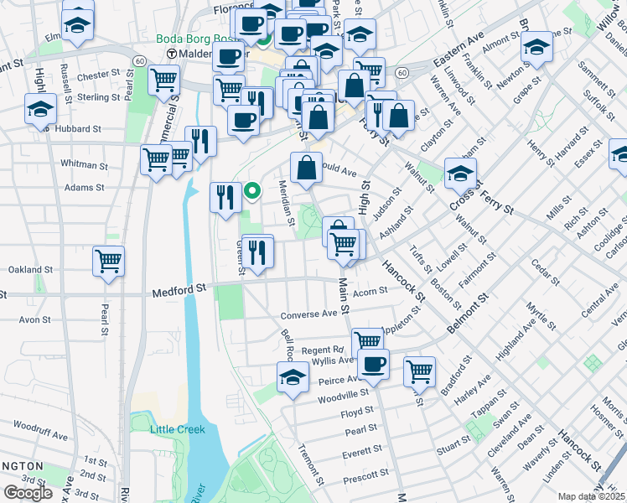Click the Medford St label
coord(179,290)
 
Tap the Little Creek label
coord(177,429)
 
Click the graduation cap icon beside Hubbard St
coord(40,110)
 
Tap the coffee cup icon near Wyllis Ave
coord(374,364)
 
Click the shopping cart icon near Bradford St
coord(419,370)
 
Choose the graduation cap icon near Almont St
coord(536,47)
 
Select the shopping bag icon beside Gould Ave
coord(307,167)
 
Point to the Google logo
coord(28,493)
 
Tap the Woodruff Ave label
coord(40,435)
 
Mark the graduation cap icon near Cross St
coord(460,173)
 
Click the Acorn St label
coord(370,291)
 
